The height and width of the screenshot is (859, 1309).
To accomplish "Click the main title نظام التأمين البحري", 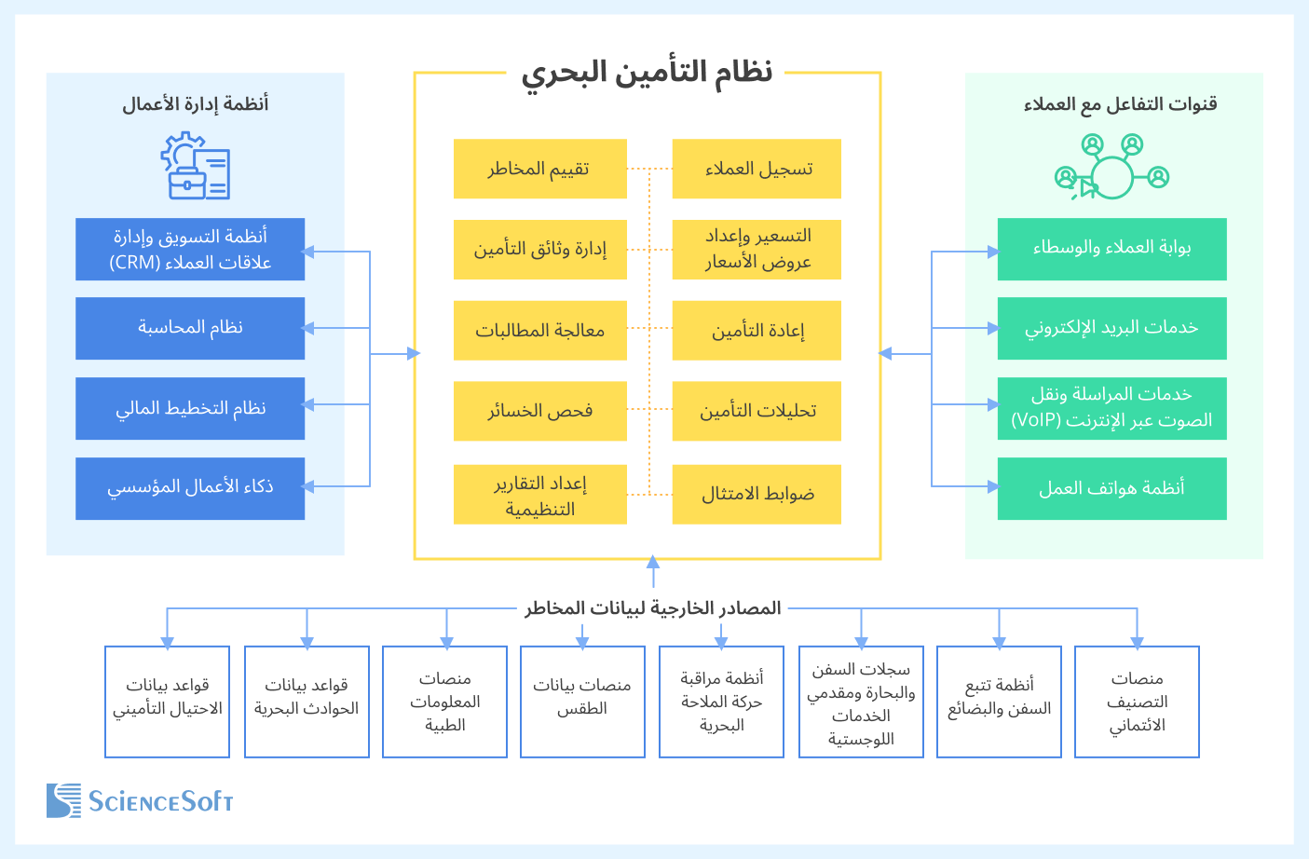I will pos(647,72).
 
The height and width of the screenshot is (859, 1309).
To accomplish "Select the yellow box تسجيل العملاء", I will pos(757,169).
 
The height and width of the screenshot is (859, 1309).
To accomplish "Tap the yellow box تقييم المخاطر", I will pos(539,169).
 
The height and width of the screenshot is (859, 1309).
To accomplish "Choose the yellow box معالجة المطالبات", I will pos(539,330).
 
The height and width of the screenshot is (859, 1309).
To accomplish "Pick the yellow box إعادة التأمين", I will pos(757,330).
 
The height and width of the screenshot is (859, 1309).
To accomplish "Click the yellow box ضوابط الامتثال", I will pos(757,494).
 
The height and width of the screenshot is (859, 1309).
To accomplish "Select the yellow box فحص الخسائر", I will pos(539,411).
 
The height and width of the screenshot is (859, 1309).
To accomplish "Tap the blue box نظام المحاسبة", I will pos(190,328).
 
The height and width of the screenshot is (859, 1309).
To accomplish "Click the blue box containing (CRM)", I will pos(190,250).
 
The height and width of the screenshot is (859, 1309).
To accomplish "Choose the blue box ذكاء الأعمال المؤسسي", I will pos(190,488).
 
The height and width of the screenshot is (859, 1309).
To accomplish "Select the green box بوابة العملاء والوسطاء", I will pos(1111,249).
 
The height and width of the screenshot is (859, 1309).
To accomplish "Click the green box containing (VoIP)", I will pos(1111,408).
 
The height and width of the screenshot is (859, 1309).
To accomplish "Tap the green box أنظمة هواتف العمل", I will pos(1111,488).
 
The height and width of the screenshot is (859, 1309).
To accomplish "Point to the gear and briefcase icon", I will pos(195,166).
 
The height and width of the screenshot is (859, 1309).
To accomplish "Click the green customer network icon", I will pos(1111,167).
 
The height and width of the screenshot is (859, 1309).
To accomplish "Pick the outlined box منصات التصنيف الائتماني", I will pos(1137,702).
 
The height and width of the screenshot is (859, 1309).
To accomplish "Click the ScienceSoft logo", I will pos(140,801).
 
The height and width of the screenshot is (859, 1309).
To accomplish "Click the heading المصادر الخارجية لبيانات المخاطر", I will pos(652,608).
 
